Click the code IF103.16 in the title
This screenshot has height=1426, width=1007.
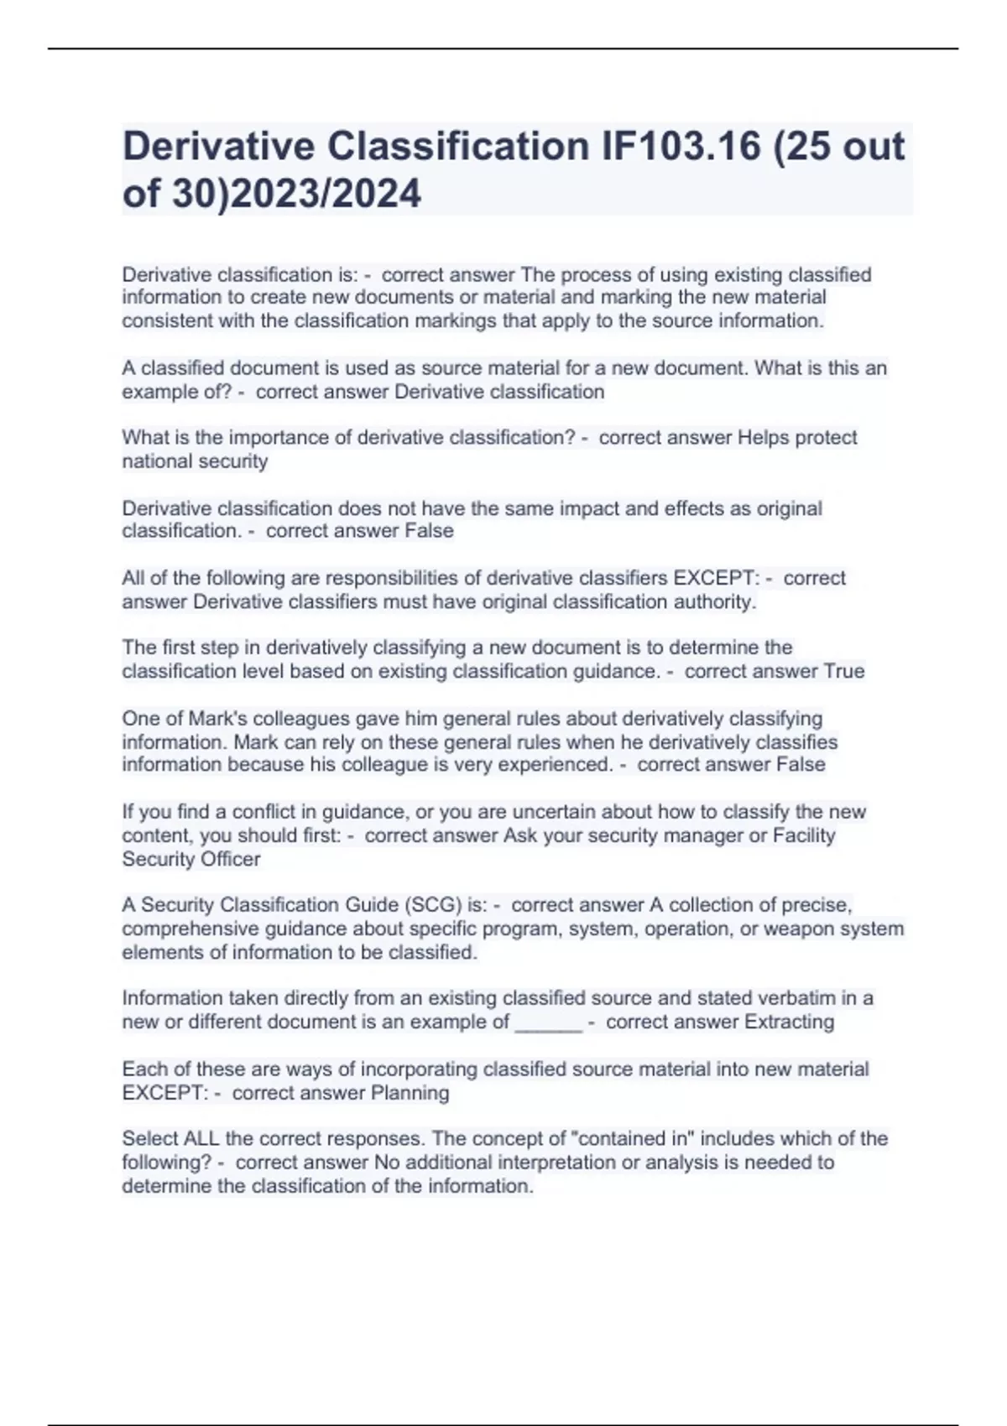click(x=676, y=147)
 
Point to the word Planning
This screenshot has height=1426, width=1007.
click(x=410, y=1093)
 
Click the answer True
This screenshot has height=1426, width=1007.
click(x=844, y=671)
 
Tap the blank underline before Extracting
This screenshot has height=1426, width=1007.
click(x=548, y=1023)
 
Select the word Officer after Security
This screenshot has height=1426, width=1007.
click(x=228, y=859)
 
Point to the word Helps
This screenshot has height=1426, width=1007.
click(x=763, y=438)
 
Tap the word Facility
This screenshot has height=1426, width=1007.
click(x=804, y=835)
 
